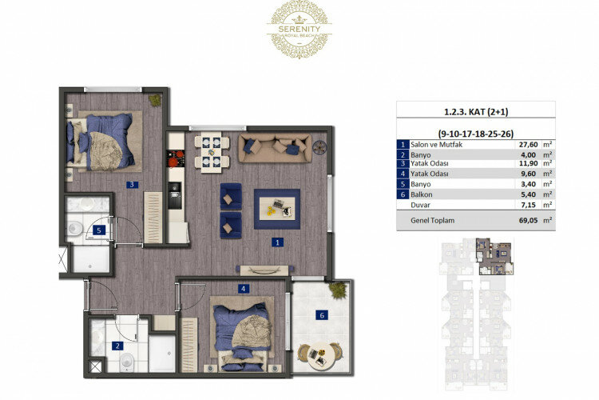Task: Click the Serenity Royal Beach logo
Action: point(299,29)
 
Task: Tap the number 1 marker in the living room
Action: point(276,241)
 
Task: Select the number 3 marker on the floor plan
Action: point(132,185)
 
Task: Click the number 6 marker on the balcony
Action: point(322,315)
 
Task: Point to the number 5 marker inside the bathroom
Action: point(98,230)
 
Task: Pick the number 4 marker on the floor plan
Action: point(242,289)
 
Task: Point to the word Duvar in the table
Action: point(420,204)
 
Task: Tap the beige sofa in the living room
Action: point(275,147)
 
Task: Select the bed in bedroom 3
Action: point(103,140)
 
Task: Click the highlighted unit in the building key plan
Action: point(489,250)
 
